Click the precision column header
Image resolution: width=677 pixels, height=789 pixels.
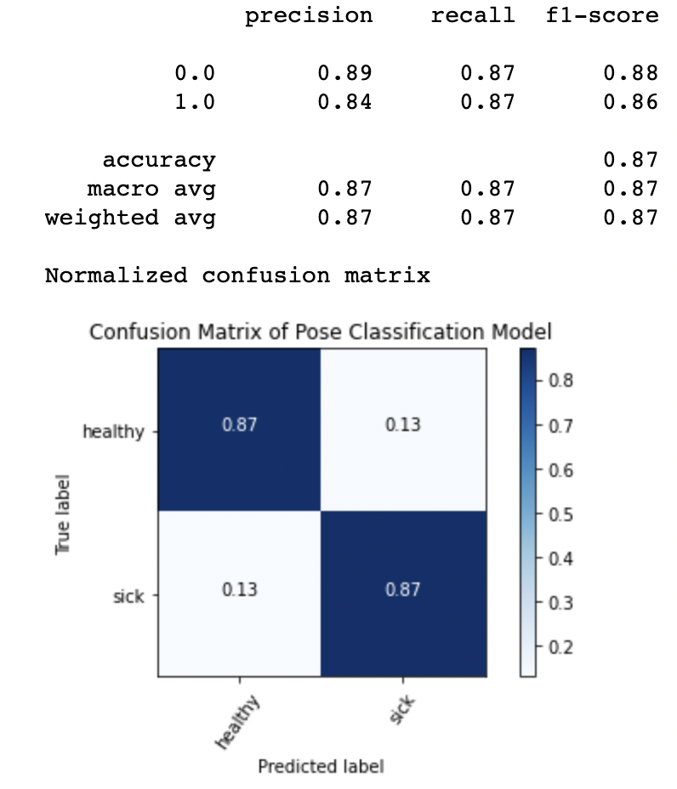point(309,16)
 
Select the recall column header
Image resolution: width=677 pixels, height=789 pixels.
point(473,16)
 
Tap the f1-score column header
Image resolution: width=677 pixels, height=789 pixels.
point(602,16)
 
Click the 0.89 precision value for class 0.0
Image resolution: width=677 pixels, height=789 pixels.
point(344,73)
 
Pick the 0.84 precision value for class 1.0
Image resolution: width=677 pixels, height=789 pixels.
point(344,103)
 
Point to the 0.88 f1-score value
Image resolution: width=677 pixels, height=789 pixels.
point(630,73)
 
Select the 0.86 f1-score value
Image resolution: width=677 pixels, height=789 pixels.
point(630,103)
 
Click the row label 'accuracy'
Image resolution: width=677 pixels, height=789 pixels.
point(159,160)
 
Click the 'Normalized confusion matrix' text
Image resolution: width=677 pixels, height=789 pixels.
point(237,275)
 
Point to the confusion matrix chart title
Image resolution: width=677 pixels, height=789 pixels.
point(321,332)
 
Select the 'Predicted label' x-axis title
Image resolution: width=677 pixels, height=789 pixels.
point(321,767)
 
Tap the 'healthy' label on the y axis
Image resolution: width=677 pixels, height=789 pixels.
point(113,432)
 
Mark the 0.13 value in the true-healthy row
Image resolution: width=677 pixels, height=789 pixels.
point(403,424)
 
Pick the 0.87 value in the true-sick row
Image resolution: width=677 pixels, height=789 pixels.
point(403,589)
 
